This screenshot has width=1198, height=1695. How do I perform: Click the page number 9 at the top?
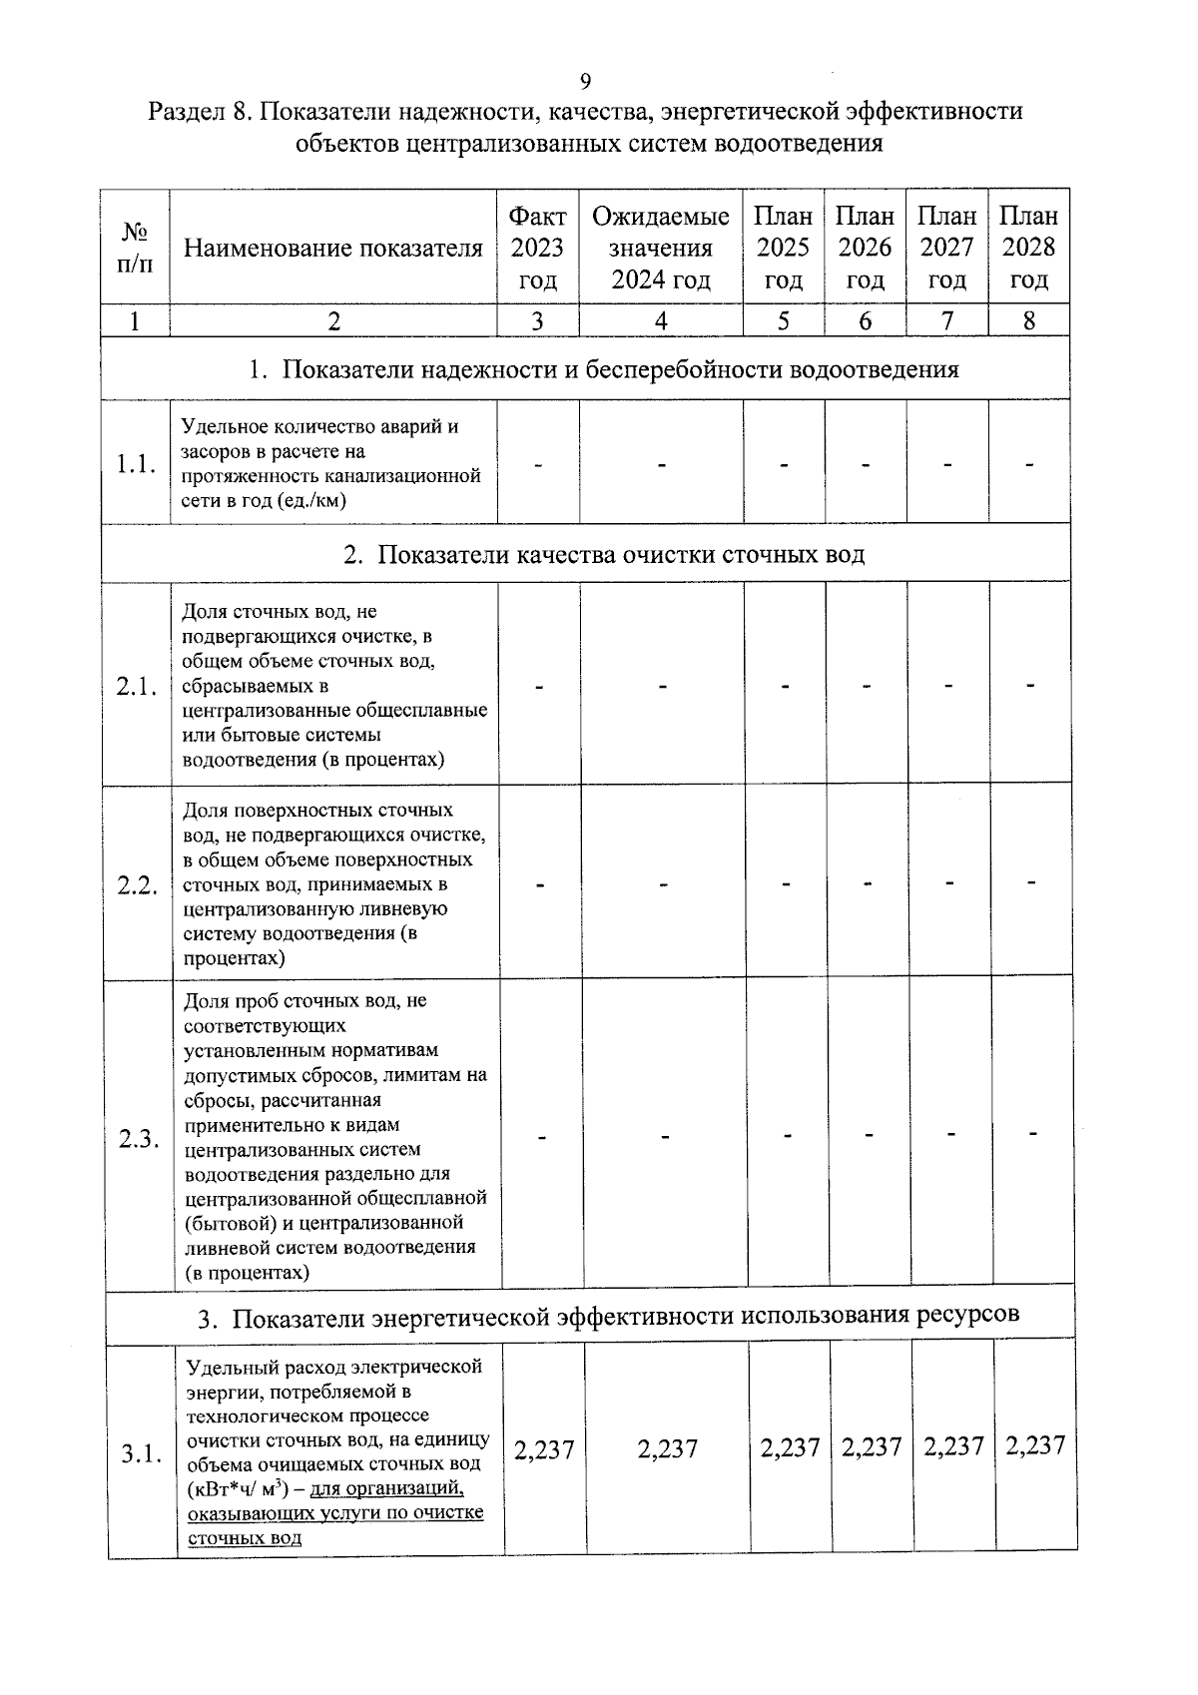[585, 81]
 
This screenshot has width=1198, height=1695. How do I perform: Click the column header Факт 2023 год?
[537, 248]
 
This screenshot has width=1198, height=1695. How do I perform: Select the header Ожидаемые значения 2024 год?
[660, 248]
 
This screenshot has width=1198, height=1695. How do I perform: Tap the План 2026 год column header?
[865, 248]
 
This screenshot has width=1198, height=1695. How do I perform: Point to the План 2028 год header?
[1028, 248]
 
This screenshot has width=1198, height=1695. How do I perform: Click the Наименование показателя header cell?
[333, 248]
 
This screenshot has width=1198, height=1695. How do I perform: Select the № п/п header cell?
[135, 248]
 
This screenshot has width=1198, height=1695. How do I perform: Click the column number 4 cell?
[660, 320]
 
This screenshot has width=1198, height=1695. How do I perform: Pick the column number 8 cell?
[1028, 320]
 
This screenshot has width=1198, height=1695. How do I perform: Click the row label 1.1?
[135, 464]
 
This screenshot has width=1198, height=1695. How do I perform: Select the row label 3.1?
[141, 1453]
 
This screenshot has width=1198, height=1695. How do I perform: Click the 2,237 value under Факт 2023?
[544, 1450]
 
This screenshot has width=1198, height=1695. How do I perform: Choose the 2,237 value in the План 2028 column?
[1035, 1445]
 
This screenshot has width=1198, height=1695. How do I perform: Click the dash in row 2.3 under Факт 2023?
[542, 1136]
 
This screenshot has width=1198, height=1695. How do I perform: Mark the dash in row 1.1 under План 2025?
[784, 464]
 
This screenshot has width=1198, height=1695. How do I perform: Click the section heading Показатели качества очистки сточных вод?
[604, 554]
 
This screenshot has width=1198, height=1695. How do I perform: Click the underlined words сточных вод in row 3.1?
[245, 1537]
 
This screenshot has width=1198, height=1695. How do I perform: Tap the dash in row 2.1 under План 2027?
[948, 686]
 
